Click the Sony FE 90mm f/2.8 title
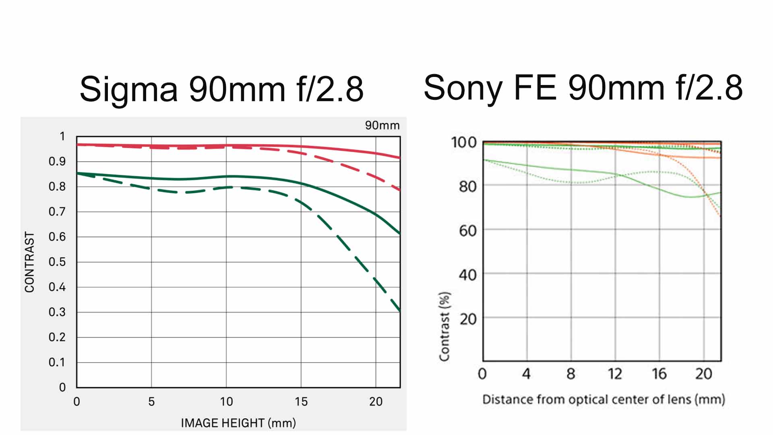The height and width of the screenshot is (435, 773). tap(583, 88)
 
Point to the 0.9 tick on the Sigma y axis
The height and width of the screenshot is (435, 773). tap(57, 162)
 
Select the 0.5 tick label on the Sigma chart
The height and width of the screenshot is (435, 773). tap(57, 262)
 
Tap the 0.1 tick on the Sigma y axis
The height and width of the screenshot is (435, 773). tap(57, 362)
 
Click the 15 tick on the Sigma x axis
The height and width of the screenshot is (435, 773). tap(301, 402)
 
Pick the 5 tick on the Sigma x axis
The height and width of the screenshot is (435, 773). tap(151, 402)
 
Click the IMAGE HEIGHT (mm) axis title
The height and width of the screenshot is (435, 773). tap(238, 423)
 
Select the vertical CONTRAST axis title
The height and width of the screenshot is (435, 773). tap(29, 262)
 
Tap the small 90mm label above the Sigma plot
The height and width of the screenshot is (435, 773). tap(382, 125)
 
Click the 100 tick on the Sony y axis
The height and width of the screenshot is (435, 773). tap(464, 142)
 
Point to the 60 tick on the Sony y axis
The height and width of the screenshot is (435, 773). tap(467, 231)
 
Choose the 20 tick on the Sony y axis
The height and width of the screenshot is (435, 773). tap(468, 319)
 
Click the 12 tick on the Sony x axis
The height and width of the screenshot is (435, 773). tap(615, 374)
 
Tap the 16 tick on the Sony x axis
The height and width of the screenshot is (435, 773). tap(659, 374)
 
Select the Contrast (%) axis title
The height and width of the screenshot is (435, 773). tap(444, 326)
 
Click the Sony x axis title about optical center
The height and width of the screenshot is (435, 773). tap(604, 400)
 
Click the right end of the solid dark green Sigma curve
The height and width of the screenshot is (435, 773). tap(399, 234)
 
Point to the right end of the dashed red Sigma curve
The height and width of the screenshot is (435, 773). tap(399, 190)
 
